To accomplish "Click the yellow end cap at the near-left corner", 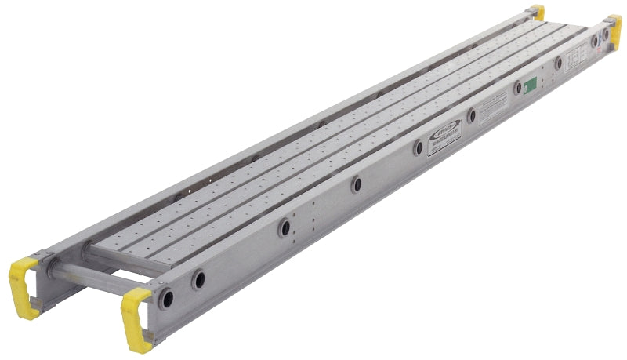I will [23, 278].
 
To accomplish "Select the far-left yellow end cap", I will [537, 12].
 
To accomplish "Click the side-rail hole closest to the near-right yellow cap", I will [167, 298].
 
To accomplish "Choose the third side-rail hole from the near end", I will [285, 227].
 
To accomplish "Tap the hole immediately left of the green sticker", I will [517, 89].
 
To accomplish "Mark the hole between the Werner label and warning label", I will [472, 115].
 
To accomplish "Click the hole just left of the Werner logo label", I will [419, 147].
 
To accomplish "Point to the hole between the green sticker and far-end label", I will [558, 63].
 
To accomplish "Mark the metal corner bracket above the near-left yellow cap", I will [43, 259].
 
